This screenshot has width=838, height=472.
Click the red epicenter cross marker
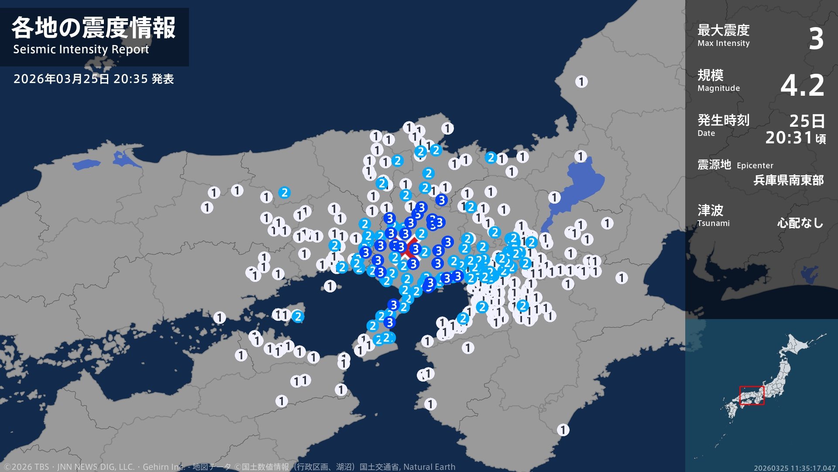click(409, 248)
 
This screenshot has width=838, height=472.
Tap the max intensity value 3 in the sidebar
click(816, 39)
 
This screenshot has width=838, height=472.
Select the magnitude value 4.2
click(802, 85)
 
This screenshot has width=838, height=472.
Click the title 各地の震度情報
click(93, 28)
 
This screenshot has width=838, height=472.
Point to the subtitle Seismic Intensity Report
click(81, 49)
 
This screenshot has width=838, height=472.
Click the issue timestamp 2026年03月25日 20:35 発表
click(93, 79)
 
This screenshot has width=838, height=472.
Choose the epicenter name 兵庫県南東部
click(788, 180)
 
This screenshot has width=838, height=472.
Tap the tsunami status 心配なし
click(800, 223)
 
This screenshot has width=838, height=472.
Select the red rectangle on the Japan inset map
click(752, 395)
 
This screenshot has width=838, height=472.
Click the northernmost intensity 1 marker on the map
click(581, 82)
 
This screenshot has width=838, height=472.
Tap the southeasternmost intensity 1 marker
click(563, 430)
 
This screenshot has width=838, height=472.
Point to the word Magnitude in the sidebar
click(718, 88)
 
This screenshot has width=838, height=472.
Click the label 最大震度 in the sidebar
click(723, 30)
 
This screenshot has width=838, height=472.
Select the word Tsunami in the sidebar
click(713, 223)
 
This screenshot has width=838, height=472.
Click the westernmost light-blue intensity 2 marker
click(285, 193)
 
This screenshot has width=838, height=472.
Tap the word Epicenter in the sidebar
click(755, 166)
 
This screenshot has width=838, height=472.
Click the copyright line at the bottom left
click(227, 467)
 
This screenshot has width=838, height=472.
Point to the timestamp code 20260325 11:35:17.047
click(794, 468)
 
